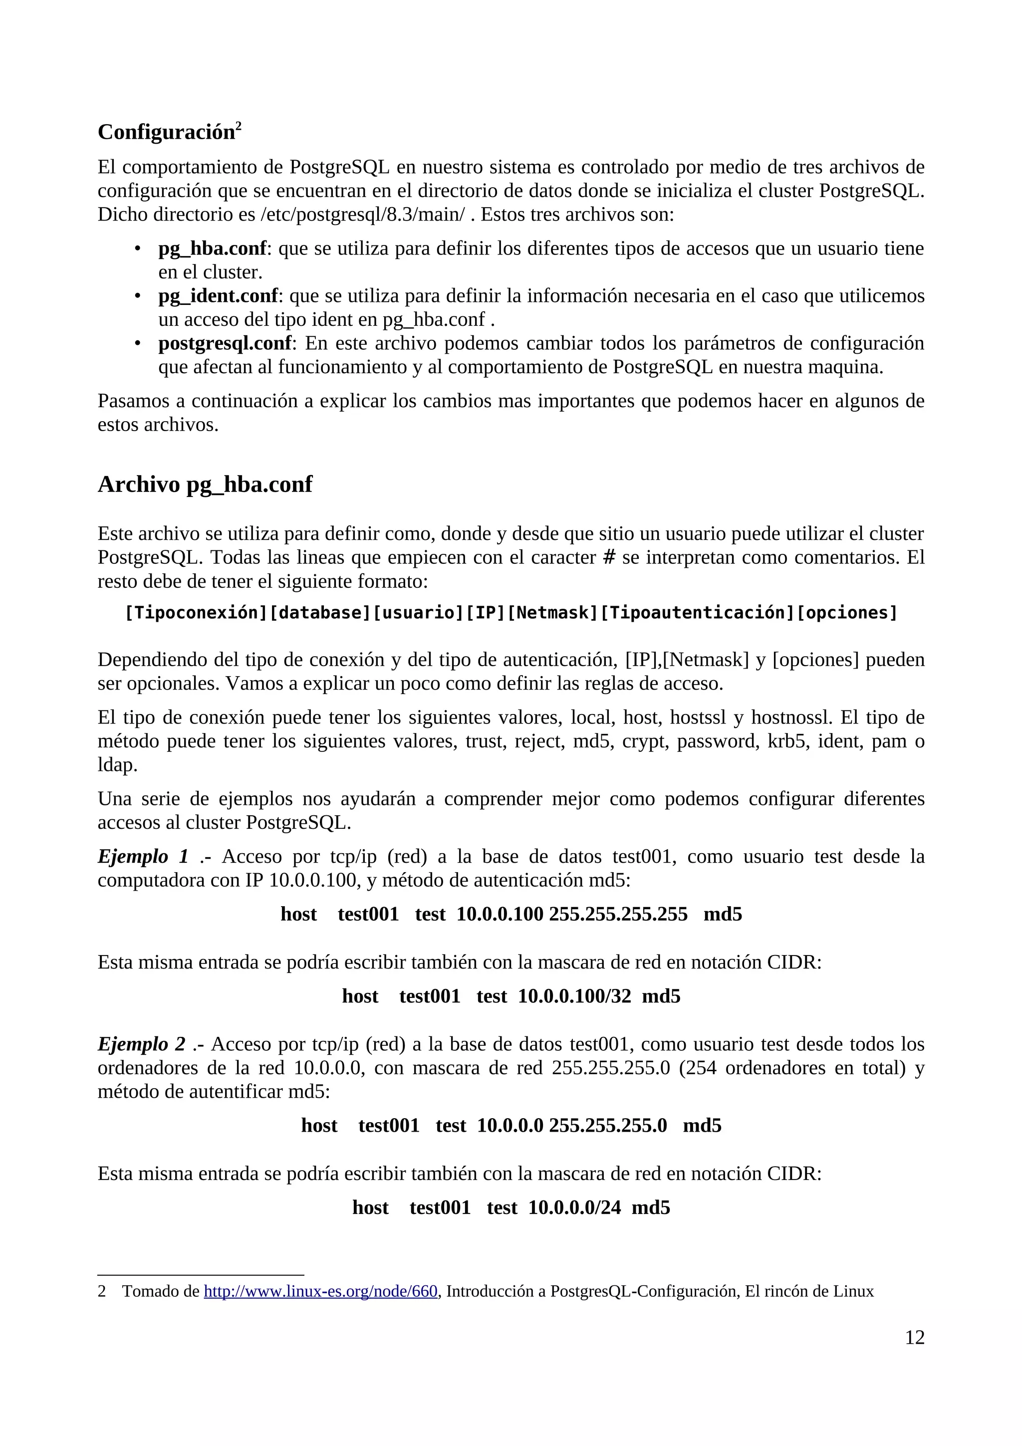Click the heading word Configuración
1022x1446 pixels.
(166, 132)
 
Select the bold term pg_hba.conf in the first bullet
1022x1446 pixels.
(212, 249)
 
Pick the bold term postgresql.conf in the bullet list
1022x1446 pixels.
(225, 343)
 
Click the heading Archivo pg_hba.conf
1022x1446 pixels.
(205, 484)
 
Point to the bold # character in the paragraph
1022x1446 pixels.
(609, 557)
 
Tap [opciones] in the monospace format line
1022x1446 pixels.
(846, 613)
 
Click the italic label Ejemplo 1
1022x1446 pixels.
(143, 857)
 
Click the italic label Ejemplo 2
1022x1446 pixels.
(141, 1044)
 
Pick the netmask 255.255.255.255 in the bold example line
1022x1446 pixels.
(618, 915)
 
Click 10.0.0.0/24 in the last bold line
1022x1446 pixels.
(574, 1207)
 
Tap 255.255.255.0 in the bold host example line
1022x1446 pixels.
(608, 1126)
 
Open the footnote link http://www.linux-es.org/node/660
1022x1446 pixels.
(320, 1292)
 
